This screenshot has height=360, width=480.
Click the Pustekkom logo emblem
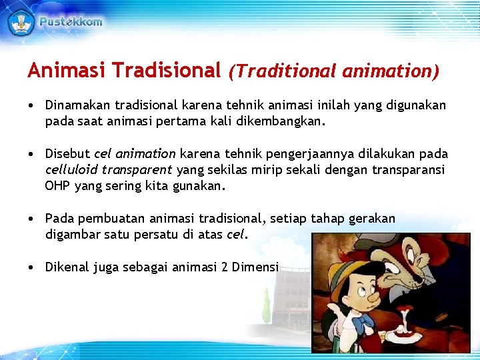coord(21,22)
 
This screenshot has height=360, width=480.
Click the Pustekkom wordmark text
coord(71,22)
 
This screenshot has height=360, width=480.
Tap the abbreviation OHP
coord(57,186)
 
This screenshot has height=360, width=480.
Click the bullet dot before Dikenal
coord(31,267)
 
